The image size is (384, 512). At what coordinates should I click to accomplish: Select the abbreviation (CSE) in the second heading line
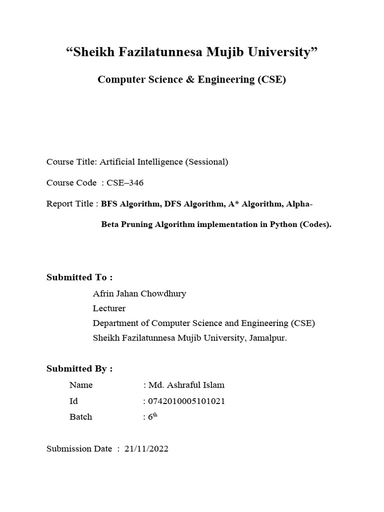272,79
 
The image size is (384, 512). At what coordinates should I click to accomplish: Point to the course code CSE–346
125,182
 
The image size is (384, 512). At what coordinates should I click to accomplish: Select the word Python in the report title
283,224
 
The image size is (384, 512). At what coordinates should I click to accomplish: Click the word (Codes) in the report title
315,224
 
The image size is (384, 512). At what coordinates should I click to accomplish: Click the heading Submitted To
79,277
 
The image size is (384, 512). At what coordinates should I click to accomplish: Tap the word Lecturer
109,308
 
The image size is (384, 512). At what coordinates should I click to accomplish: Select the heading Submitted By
79,369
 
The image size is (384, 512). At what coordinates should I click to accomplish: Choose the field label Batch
81,416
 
